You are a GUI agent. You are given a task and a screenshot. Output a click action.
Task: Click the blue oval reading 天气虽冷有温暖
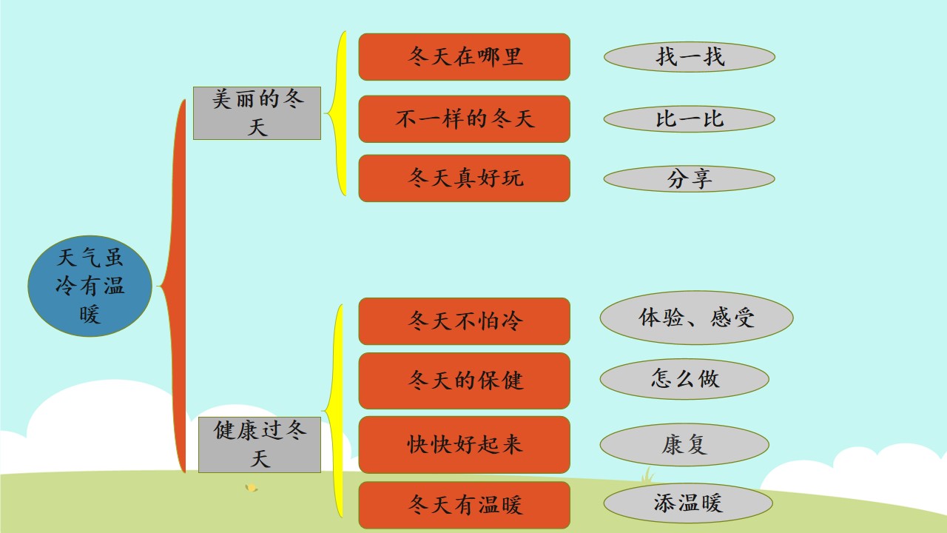pos(90,286)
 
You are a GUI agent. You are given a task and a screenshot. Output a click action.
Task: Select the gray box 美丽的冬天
pos(257,113)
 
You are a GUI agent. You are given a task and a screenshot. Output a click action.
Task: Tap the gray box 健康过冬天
pos(260,445)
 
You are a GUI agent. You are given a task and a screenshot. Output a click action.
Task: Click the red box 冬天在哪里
pos(464,57)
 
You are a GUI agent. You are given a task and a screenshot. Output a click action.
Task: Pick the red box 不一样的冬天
pos(464,119)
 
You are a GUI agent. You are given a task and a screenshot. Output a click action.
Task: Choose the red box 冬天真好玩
pos(464,178)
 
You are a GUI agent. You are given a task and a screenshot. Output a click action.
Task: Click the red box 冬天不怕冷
pos(464,321)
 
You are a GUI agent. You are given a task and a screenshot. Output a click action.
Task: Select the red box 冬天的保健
pos(464,381)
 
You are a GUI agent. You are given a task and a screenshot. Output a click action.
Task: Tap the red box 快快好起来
pos(464,445)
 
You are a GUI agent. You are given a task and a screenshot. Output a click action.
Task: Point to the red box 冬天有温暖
pos(464,505)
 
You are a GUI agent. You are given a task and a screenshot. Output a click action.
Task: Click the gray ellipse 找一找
pos(689,57)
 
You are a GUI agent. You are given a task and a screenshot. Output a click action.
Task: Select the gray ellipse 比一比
pos(689,119)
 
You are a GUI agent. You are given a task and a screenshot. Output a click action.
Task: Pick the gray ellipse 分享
pos(689,178)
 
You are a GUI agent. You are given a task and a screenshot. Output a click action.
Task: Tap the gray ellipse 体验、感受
pos(696,318)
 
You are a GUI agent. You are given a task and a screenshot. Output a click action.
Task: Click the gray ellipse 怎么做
pos(684,378)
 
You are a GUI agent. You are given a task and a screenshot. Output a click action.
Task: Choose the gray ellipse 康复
pos(684,445)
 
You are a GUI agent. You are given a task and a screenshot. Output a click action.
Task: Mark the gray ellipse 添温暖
pos(688,503)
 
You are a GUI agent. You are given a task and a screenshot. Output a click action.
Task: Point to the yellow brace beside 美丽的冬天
pos(340,113)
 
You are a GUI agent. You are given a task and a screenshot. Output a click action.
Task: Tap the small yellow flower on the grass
pos(252,488)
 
